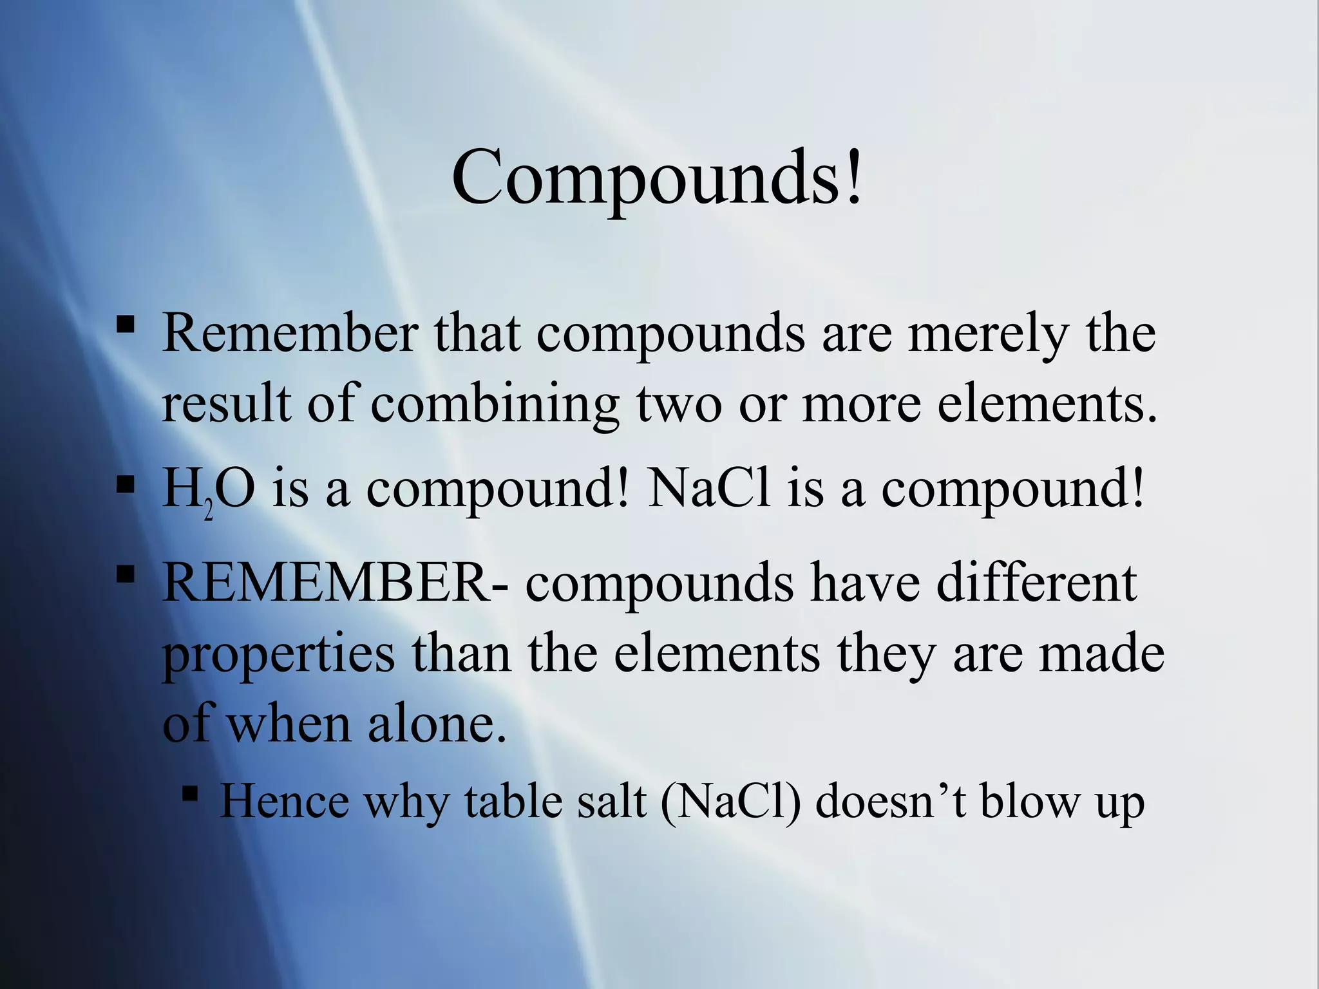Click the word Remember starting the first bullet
coord(290,333)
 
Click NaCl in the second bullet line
coord(708,487)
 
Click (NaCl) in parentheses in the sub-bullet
coord(731,803)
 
